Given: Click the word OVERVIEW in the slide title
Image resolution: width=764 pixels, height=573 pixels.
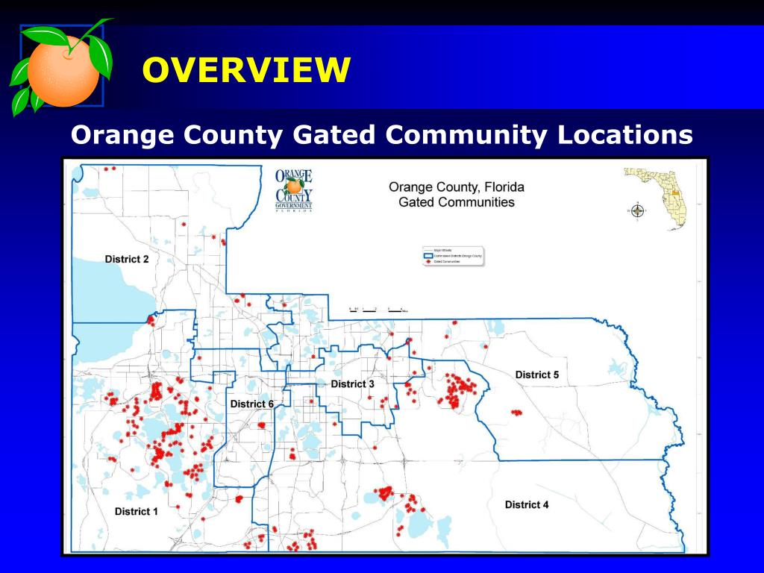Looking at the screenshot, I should click(246, 70).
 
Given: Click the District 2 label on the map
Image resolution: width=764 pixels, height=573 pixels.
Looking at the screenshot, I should click(127, 259).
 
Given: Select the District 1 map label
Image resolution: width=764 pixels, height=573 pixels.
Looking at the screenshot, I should click(137, 511).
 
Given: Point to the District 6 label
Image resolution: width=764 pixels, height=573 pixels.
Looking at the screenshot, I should click(252, 404).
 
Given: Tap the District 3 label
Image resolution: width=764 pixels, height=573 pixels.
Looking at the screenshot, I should click(353, 383).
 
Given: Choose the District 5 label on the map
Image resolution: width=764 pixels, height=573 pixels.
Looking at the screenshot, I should click(536, 375).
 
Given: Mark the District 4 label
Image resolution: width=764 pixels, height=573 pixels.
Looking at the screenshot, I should click(527, 504).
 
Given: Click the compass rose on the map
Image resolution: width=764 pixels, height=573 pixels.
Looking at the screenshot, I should click(637, 210).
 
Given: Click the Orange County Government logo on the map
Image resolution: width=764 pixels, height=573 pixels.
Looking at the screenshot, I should click(294, 190).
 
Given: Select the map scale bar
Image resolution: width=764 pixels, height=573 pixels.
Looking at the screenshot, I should click(377, 309).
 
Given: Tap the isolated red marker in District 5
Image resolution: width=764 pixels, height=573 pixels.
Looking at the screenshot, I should click(516, 413).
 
